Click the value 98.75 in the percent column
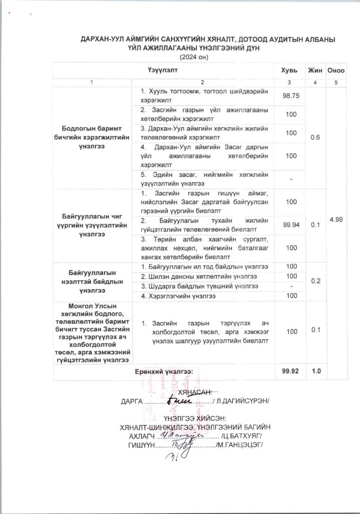pos(288,96)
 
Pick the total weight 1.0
pos(316,371)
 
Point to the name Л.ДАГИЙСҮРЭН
pos(242,402)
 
